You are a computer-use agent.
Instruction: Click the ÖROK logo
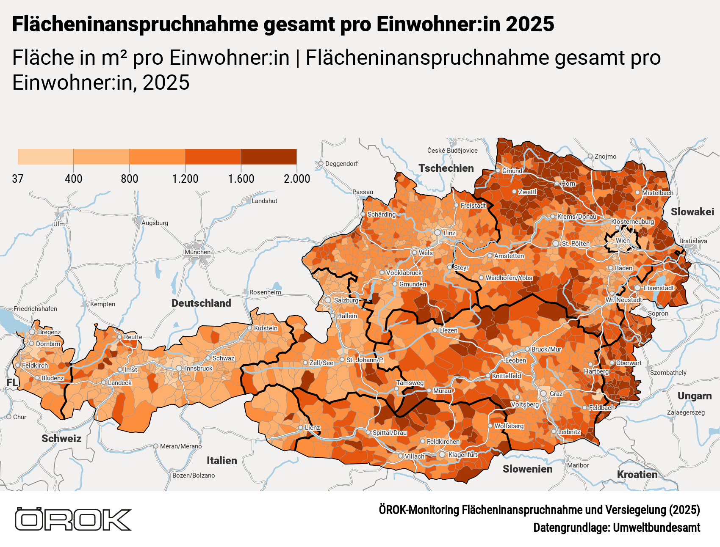pyautogui.click(x=73, y=520)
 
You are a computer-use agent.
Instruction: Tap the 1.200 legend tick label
pyautogui.click(x=185, y=179)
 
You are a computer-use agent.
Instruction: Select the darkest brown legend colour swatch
pyautogui.click(x=269, y=157)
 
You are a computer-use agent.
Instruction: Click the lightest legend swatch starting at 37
pyautogui.click(x=45, y=157)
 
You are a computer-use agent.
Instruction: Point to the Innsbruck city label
pyautogui.click(x=199, y=368)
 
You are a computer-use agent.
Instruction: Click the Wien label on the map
pyautogui.click(x=623, y=241)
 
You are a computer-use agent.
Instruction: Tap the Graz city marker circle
pyautogui.click(x=543, y=393)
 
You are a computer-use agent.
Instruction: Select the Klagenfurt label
pyautogui.click(x=462, y=455)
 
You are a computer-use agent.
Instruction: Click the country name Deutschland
pyautogui.click(x=201, y=303)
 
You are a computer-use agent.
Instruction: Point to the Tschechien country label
pyautogui.click(x=446, y=168)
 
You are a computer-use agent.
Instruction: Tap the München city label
pyautogui.click(x=197, y=252)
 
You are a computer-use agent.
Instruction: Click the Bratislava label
pyautogui.click(x=693, y=241)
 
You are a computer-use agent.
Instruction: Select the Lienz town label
pyautogui.click(x=312, y=428)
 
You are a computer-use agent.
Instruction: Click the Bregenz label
pyautogui.click(x=49, y=332)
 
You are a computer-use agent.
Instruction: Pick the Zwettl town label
pyautogui.click(x=527, y=192)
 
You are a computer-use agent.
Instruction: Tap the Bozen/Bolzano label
pyautogui.click(x=194, y=476)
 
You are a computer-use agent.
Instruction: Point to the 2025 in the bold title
pyautogui.click(x=529, y=24)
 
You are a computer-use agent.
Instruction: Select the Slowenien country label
pyautogui.click(x=527, y=469)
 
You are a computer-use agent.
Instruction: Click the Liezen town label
pyautogui.click(x=448, y=330)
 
